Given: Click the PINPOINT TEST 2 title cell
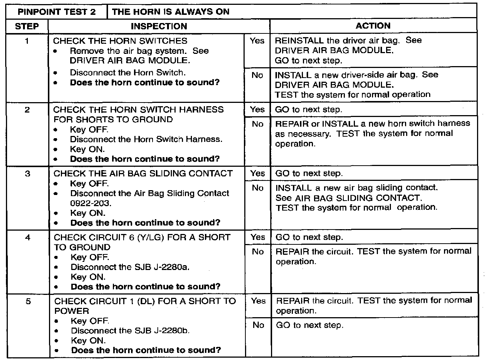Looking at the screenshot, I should pyautogui.click(x=56, y=12).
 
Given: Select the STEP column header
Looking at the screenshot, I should pyautogui.click(x=27, y=26).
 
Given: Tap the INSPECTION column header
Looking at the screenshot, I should pyautogui.click(x=159, y=26).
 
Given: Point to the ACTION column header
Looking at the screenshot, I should pyautogui.click(x=373, y=26).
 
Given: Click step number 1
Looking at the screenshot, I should pyautogui.click(x=27, y=41).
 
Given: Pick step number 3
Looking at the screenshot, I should pyautogui.click(x=27, y=173).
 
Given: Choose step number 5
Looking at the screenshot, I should pyautogui.click(x=28, y=301).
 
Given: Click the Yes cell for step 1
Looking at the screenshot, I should pyautogui.click(x=257, y=40).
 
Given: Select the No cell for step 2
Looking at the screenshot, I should pyautogui.click(x=257, y=124).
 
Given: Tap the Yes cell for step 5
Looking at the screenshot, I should pyautogui.click(x=258, y=301).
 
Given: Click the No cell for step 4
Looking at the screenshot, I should pyautogui.click(x=258, y=252).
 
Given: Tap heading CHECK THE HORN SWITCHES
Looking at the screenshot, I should pyautogui.click(x=120, y=41).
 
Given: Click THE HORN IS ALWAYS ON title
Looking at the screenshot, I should pyautogui.click(x=171, y=12).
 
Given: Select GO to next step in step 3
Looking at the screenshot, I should pyautogui.click(x=309, y=173).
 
